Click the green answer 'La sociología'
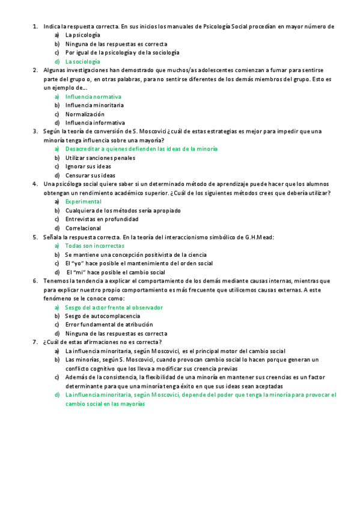(83, 61)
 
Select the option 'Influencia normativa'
(93, 96)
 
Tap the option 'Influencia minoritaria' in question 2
(94, 105)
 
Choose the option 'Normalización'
(85, 114)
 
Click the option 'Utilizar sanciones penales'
(100, 158)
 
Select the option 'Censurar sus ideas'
(90, 176)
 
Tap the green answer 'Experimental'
(83, 201)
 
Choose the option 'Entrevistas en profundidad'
(102, 220)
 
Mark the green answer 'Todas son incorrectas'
(94, 245)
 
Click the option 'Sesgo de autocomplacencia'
(102, 316)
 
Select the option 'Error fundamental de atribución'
(109, 324)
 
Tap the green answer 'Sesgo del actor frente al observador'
(114, 307)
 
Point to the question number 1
(35, 26)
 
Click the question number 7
(35, 342)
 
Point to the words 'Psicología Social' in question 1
(228, 26)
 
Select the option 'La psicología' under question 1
(83, 35)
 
